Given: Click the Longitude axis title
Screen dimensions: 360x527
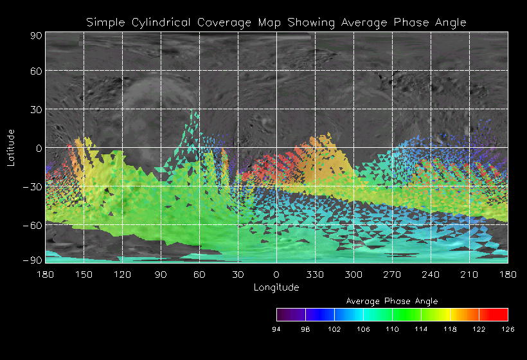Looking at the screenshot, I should [276, 287].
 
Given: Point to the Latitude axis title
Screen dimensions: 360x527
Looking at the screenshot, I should [11, 147].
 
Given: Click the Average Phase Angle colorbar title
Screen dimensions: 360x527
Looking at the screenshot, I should [392, 301].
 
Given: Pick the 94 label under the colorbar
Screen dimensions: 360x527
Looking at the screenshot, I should [277, 329].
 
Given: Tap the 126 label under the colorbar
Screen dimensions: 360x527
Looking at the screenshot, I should [508, 329].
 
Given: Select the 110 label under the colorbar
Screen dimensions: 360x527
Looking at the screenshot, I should [392, 329].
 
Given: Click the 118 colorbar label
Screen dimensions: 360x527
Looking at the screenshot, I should [450, 329].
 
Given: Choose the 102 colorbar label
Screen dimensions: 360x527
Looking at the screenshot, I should [334, 329].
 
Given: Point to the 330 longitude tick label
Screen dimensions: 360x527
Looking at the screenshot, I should [315, 274].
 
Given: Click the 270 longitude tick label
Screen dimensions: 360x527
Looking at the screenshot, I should [392, 274].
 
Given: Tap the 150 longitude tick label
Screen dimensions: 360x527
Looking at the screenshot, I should [84, 274].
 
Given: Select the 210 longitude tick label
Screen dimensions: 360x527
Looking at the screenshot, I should [469, 274].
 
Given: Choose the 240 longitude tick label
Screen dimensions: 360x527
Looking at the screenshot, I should [431, 274].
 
